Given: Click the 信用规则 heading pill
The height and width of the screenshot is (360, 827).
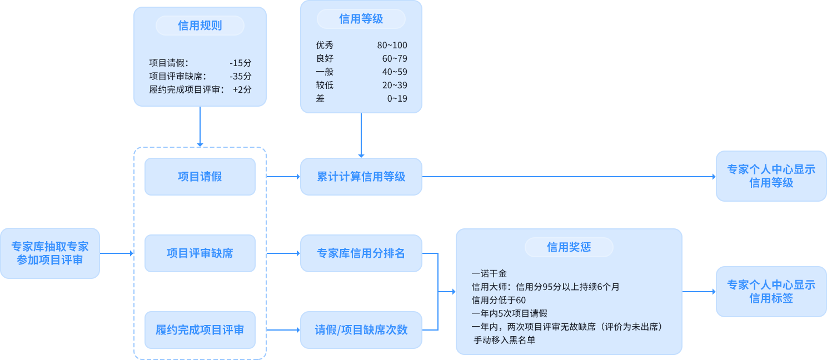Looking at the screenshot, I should pos(200,26).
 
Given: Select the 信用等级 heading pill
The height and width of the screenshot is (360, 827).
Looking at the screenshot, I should pos(361,19).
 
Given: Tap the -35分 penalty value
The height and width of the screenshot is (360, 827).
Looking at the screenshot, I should pos(240,76).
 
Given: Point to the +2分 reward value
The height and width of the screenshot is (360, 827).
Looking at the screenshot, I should pos(242,89).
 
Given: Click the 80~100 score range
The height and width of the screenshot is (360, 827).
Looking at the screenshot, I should pos(391,46).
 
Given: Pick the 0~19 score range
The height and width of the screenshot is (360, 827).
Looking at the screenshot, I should pos(397,99).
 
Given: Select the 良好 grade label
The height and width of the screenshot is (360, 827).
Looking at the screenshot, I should pos(325,59).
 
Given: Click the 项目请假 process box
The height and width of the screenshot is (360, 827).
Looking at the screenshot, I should pos(200,177).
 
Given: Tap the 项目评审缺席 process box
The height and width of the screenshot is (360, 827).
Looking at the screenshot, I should pos(200,253).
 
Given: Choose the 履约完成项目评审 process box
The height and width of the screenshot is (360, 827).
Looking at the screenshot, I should pos(200,330).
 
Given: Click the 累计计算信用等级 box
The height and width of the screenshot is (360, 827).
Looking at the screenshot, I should pos(361,177).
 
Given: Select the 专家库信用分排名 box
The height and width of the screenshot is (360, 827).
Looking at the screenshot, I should pos(361,253).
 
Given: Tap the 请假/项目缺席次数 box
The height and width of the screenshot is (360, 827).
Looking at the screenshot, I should pos(361,330).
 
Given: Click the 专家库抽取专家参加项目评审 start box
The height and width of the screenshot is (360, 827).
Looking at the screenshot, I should pos(50,253).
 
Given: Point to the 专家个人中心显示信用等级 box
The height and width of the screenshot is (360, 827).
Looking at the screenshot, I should pos(771,176).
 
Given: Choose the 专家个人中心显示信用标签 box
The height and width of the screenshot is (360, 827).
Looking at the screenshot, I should pos(771,292).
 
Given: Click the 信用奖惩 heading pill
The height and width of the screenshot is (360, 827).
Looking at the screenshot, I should pos(569,247).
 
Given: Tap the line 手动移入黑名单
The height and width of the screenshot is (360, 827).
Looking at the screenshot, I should pos(504,340).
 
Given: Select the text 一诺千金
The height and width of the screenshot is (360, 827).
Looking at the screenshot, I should pos(489,273).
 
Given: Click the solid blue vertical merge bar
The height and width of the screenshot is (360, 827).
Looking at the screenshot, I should pos(430,292).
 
